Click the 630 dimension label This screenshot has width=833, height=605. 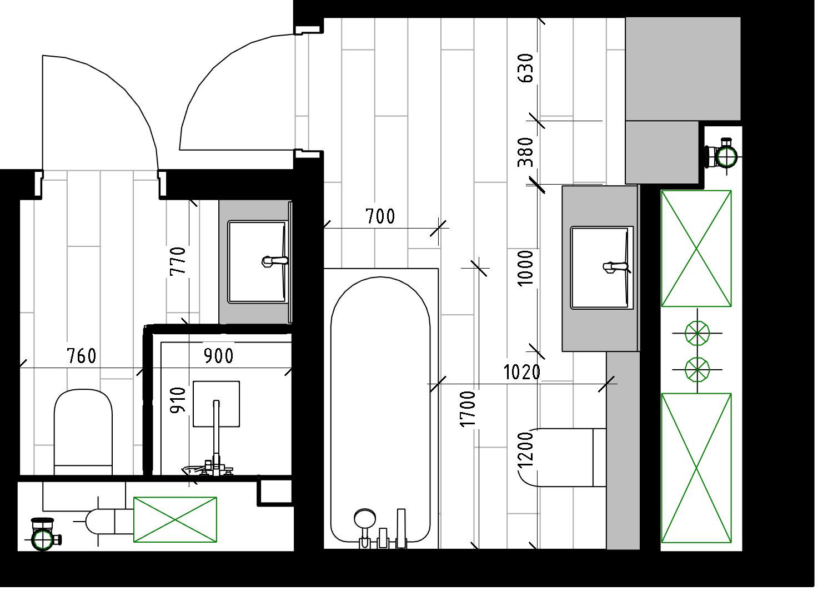click(525, 68)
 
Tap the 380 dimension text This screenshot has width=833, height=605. click(525, 152)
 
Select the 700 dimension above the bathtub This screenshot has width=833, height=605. click(380, 216)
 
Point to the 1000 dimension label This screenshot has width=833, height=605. click(525, 268)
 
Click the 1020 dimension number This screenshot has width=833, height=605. click(521, 372)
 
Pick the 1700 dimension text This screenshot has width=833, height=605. click(468, 409)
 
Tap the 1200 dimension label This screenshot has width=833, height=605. click(525, 449)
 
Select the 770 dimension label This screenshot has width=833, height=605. click(178, 261)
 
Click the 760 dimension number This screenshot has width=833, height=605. click(82, 356)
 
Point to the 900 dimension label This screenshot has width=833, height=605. click(218, 356)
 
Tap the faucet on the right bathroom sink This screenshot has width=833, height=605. click(615, 267)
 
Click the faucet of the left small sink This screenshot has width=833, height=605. click(274, 260)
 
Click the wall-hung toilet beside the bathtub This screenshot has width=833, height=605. click(561, 457)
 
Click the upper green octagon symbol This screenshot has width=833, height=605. click(697, 334)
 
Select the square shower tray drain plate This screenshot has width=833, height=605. click(216, 404)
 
